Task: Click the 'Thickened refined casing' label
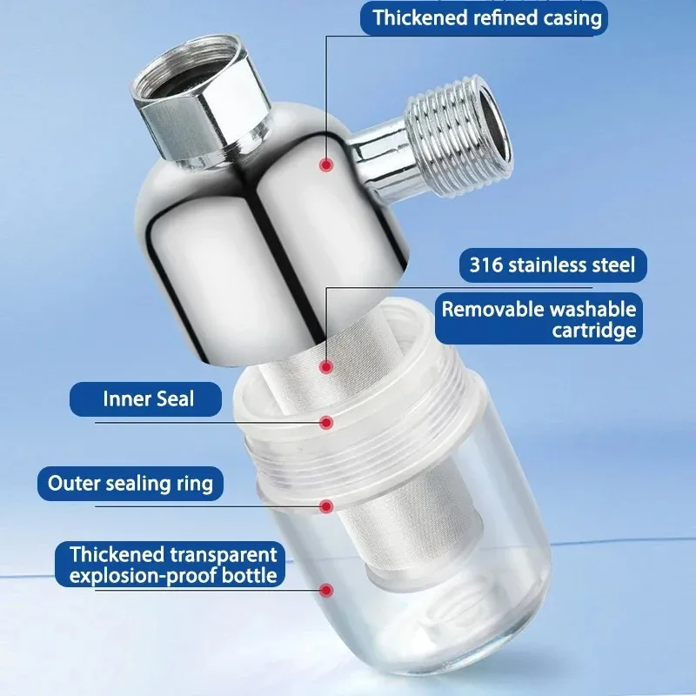(x=484, y=18)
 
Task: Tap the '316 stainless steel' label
(x=552, y=265)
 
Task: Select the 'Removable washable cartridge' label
(x=539, y=318)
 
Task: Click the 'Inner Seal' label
(x=145, y=399)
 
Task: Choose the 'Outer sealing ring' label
(x=130, y=484)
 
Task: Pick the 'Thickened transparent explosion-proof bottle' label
(x=170, y=564)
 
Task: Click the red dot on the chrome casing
(x=327, y=165)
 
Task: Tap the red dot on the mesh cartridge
(x=327, y=367)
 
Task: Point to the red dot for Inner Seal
(x=327, y=422)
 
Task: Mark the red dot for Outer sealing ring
(x=327, y=506)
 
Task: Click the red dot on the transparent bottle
(x=327, y=590)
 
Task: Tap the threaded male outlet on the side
(x=459, y=136)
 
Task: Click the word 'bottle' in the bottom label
(x=250, y=576)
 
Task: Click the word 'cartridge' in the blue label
(x=594, y=331)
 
